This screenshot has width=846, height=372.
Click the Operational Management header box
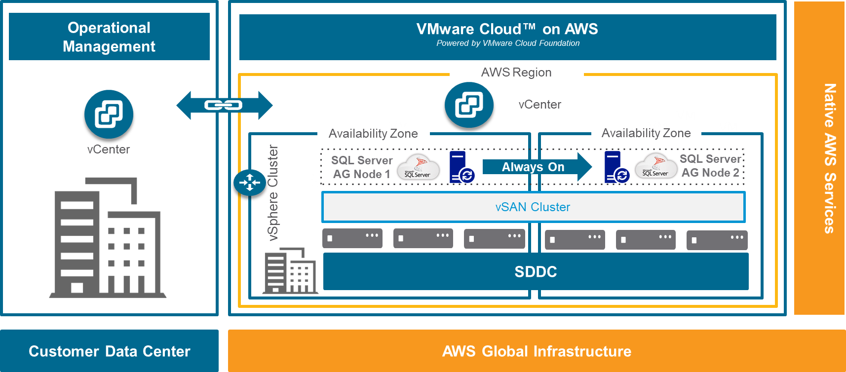tap(109, 37)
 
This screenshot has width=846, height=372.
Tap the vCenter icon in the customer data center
tap(109, 114)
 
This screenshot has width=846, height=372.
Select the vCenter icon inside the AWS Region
tap(469, 105)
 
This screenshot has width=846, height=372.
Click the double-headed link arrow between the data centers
tap(224, 105)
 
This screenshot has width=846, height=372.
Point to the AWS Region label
tap(516, 73)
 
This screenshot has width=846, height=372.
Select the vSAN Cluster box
tap(533, 207)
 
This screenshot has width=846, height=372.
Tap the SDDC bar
tap(536, 271)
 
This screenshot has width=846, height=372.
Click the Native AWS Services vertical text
tap(830, 158)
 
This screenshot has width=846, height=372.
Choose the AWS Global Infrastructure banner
tap(537, 351)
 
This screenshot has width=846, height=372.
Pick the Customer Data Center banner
tap(109, 351)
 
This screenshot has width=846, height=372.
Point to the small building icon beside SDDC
tap(290, 271)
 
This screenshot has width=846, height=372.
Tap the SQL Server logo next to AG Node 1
tap(418, 167)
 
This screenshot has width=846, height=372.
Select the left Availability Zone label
tap(373, 134)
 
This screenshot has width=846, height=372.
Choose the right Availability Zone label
tap(646, 133)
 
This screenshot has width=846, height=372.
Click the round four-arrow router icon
tap(250, 183)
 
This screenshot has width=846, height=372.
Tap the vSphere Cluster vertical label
tap(273, 192)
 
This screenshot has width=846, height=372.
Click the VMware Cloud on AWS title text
tap(507, 30)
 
